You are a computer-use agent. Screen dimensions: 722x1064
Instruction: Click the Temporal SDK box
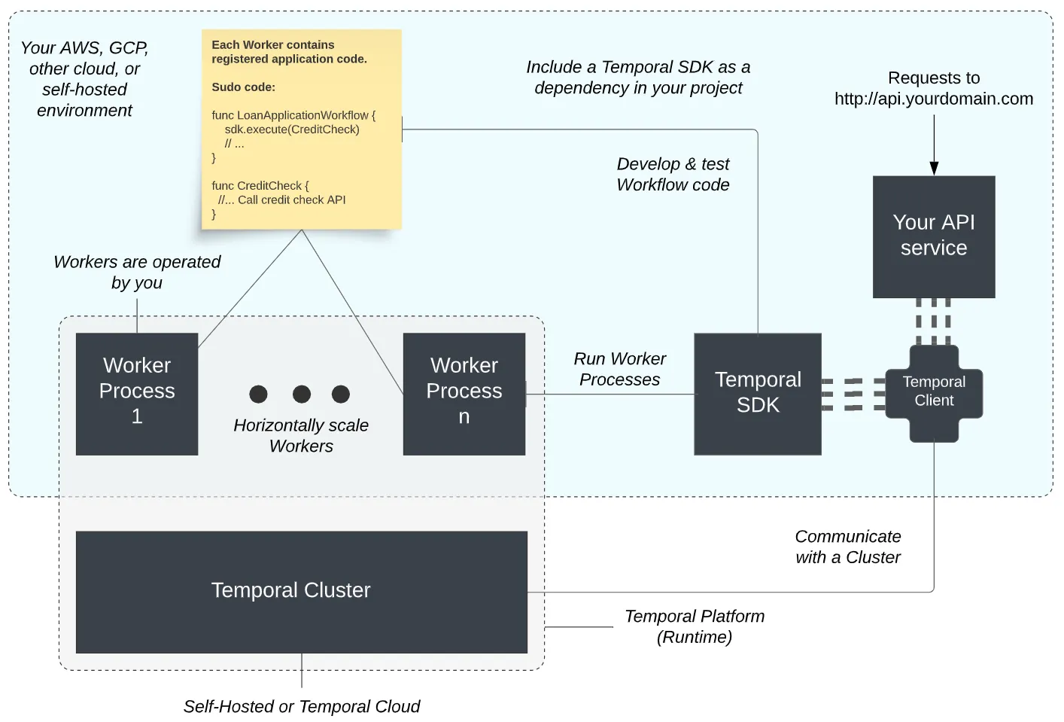click(x=757, y=393)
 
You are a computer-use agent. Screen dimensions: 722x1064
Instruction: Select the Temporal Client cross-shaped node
click(x=934, y=392)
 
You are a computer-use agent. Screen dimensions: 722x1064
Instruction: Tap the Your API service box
click(x=934, y=236)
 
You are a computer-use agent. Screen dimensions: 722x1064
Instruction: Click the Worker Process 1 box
click(x=137, y=393)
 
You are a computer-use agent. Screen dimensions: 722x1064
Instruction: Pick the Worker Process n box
click(x=464, y=393)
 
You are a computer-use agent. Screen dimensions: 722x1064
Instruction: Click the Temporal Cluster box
click(x=301, y=592)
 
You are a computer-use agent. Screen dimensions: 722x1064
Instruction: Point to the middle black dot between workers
click(x=302, y=394)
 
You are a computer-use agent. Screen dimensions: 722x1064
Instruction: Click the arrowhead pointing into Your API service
click(x=934, y=169)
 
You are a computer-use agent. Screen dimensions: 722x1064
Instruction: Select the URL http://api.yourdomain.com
click(x=933, y=99)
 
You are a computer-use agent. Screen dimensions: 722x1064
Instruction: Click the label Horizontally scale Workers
click(x=301, y=435)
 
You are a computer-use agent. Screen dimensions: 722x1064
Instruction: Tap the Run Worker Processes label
click(x=619, y=369)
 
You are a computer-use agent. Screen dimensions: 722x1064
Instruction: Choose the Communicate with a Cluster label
click(x=848, y=547)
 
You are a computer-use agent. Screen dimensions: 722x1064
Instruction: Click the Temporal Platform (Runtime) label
click(x=694, y=626)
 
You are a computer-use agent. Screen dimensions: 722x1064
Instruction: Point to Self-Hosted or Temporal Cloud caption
click(x=301, y=706)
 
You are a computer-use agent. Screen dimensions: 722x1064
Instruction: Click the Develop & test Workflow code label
click(x=673, y=174)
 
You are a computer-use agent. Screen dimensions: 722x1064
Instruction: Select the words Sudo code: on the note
click(x=243, y=87)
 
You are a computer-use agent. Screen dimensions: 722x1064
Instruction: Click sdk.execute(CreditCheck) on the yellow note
click(x=291, y=129)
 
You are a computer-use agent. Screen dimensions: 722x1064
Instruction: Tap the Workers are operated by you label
click(x=137, y=272)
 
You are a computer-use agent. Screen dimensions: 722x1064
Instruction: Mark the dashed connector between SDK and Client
click(x=853, y=394)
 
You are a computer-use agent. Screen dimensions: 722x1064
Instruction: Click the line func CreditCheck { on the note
click(x=260, y=186)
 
